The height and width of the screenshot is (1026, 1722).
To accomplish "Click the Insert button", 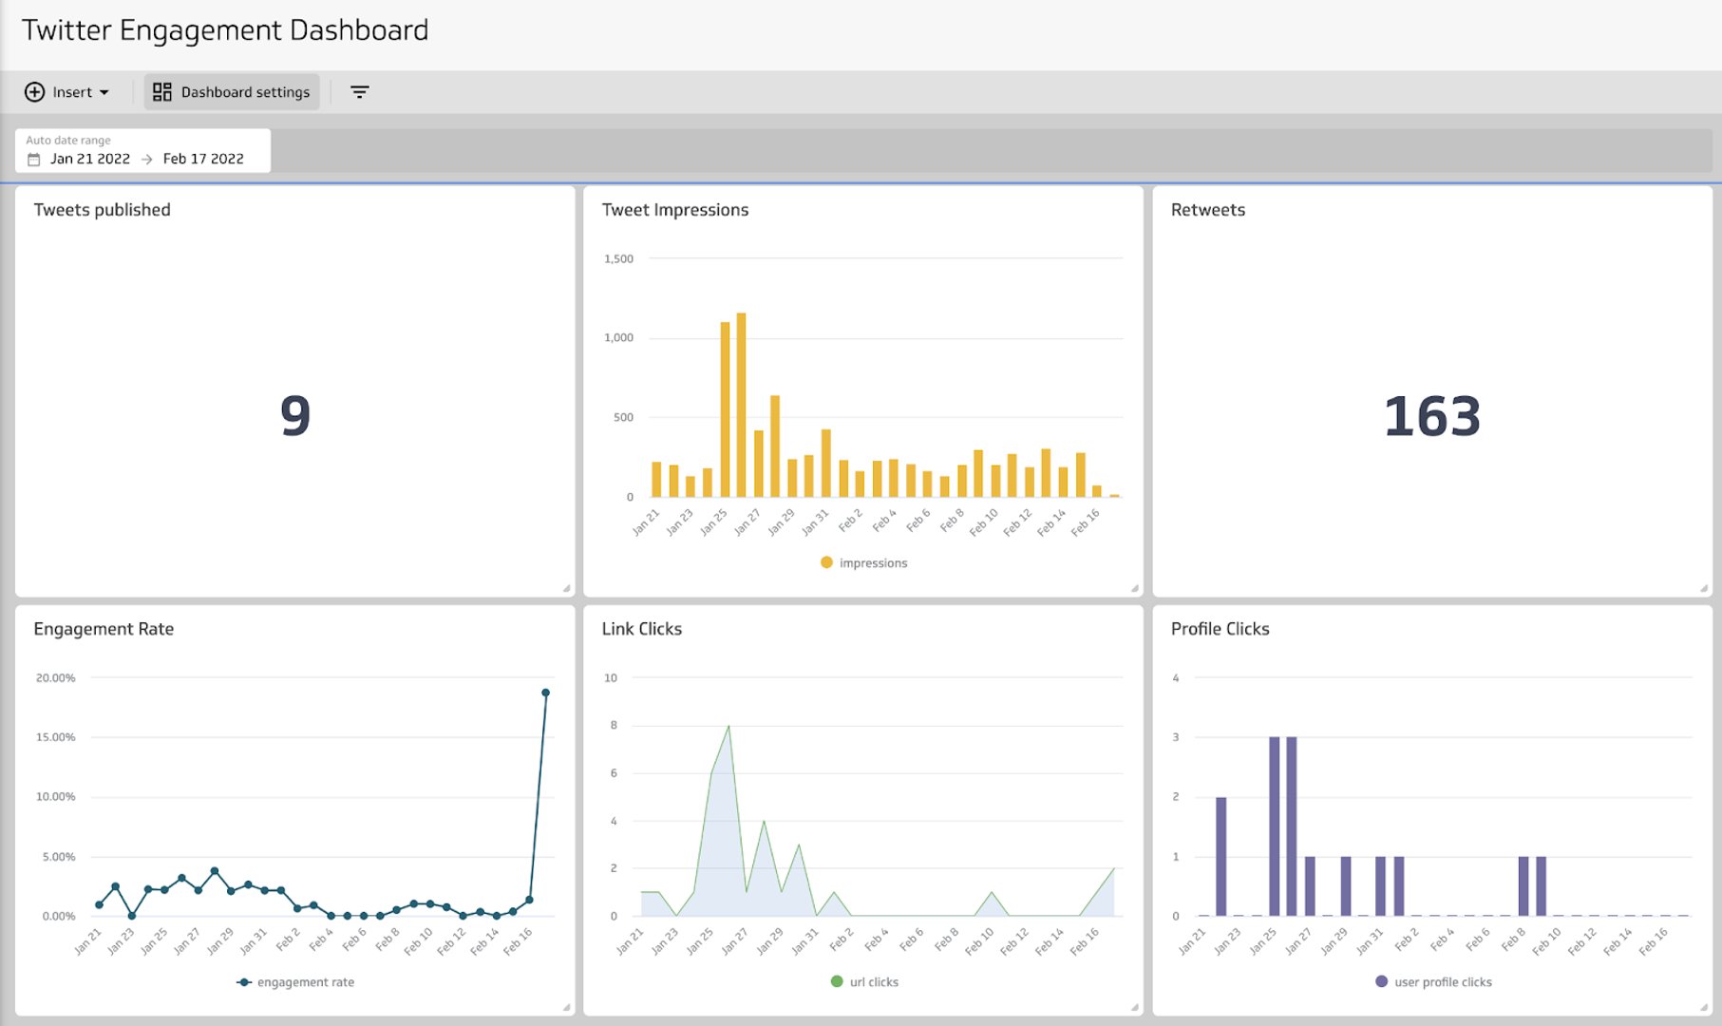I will point(66,92).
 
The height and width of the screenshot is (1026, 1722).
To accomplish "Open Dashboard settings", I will point(232,92).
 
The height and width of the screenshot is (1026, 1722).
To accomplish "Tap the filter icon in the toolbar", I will point(359,92).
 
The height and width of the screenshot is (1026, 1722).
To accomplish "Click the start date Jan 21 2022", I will point(89,159).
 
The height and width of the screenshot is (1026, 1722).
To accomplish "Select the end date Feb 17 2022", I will point(202,159).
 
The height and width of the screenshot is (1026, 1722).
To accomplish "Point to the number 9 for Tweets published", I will point(295,416).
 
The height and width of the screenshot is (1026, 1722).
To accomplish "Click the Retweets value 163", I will point(1431,417).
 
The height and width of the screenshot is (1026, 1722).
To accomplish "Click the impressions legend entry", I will point(864,563).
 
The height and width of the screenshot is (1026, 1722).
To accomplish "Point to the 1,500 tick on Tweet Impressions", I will point(618,258).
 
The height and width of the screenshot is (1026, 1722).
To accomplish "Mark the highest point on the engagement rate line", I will point(545,693).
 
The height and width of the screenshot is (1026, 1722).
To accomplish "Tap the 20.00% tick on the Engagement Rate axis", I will point(55,677).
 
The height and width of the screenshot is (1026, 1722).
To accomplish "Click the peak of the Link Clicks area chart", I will point(729,727).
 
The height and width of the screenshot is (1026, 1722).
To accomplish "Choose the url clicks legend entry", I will point(864,982).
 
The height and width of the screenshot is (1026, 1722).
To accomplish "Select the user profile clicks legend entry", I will point(1433,982).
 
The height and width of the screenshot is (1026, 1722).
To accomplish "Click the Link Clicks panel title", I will point(642,629).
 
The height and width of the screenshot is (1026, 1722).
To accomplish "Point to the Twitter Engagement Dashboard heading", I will point(225,30).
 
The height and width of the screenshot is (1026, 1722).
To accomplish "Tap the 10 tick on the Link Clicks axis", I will point(611,677).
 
